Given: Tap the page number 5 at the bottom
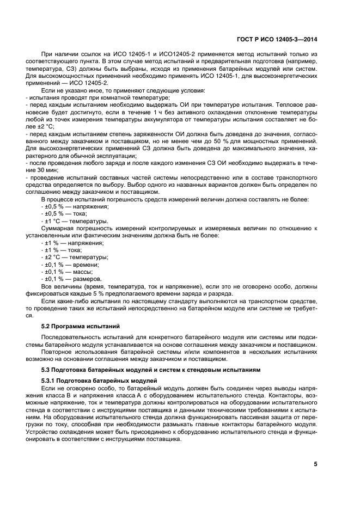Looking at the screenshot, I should [315, 464].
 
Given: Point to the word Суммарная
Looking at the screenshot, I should [61, 229].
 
